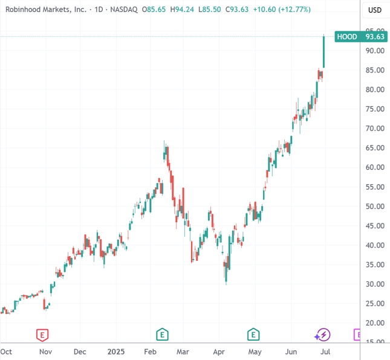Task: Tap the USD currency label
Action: click(x=375, y=10)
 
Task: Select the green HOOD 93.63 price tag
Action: click(x=360, y=36)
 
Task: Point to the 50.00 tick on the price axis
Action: click(x=375, y=206)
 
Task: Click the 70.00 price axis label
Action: click(x=375, y=129)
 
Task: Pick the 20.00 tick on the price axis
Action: click(x=375, y=323)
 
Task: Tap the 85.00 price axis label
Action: click(x=375, y=70)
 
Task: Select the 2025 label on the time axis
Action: click(x=114, y=351)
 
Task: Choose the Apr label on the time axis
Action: click(x=219, y=351)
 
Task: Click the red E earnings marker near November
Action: click(x=42, y=334)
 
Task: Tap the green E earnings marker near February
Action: click(x=162, y=334)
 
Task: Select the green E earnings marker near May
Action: click(x=253, y=334)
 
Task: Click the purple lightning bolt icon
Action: click(x=322, y=334)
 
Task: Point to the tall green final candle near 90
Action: click(x=325, y=52)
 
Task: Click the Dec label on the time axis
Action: click(x=80, y=351)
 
